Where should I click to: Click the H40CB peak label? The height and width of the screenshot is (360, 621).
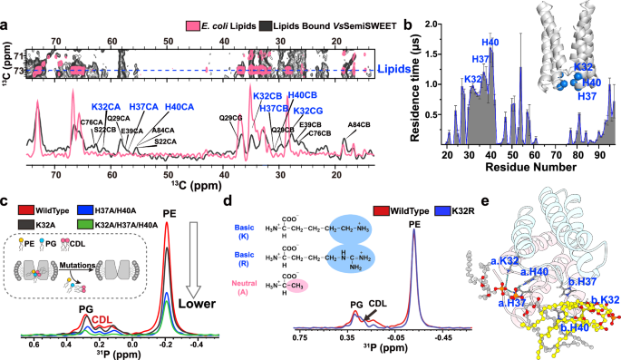303,95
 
